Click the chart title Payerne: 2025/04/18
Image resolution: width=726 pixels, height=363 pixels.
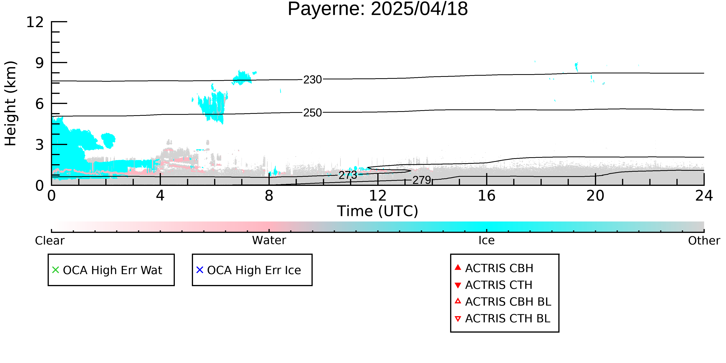click(x=378, y=9)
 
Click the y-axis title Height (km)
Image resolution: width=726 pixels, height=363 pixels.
click(x=10, y=103)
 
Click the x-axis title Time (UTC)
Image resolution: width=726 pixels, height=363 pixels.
click(x=378, y=211)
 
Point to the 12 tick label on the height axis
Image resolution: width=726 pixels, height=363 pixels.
click(x=35, y=22)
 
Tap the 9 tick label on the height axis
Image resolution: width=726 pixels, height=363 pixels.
click(x=40, y=63)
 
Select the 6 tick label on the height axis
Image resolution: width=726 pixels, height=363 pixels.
click(x=40, y=104)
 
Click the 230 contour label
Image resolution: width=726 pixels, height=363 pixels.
click(x=312, y=80)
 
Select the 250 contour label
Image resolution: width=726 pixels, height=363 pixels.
click(x=312, y=113)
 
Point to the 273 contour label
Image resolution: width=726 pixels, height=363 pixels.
click(x=348, y=175)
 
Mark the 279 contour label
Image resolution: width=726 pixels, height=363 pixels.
click(x=422, y=180)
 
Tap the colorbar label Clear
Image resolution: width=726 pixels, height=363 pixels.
click(x=50, y=241)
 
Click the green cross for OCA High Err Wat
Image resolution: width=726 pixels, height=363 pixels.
click(x=56, y=270)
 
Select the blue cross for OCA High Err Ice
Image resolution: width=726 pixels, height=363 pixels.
click(x=200, y=270)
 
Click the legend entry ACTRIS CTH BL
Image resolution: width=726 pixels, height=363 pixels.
click(x=503, y=318)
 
